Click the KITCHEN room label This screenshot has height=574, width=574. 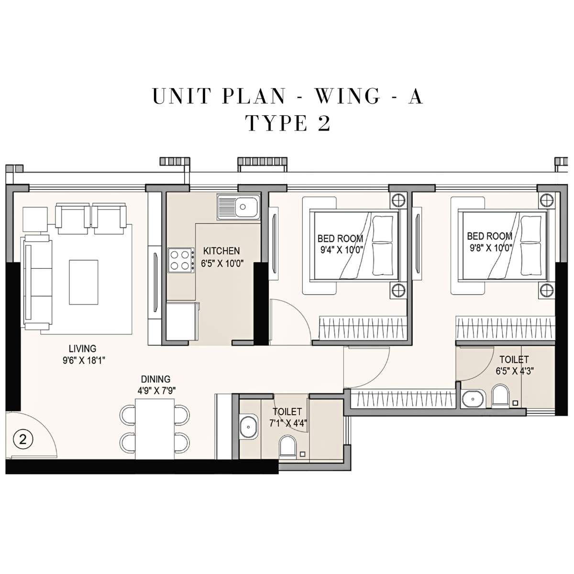tap(221, 251)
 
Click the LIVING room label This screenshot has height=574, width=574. tap(82, 349)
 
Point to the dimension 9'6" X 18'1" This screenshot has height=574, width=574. tap(83, 361)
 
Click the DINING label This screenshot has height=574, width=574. tap(155, 379)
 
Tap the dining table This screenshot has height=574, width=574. tap(154, 429)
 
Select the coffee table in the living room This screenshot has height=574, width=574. tap(83, 282)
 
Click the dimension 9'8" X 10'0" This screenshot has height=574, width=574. tap(489, 247)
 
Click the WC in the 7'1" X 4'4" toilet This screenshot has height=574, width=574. tap(288, 446)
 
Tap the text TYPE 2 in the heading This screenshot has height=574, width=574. tap(288, 123)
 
